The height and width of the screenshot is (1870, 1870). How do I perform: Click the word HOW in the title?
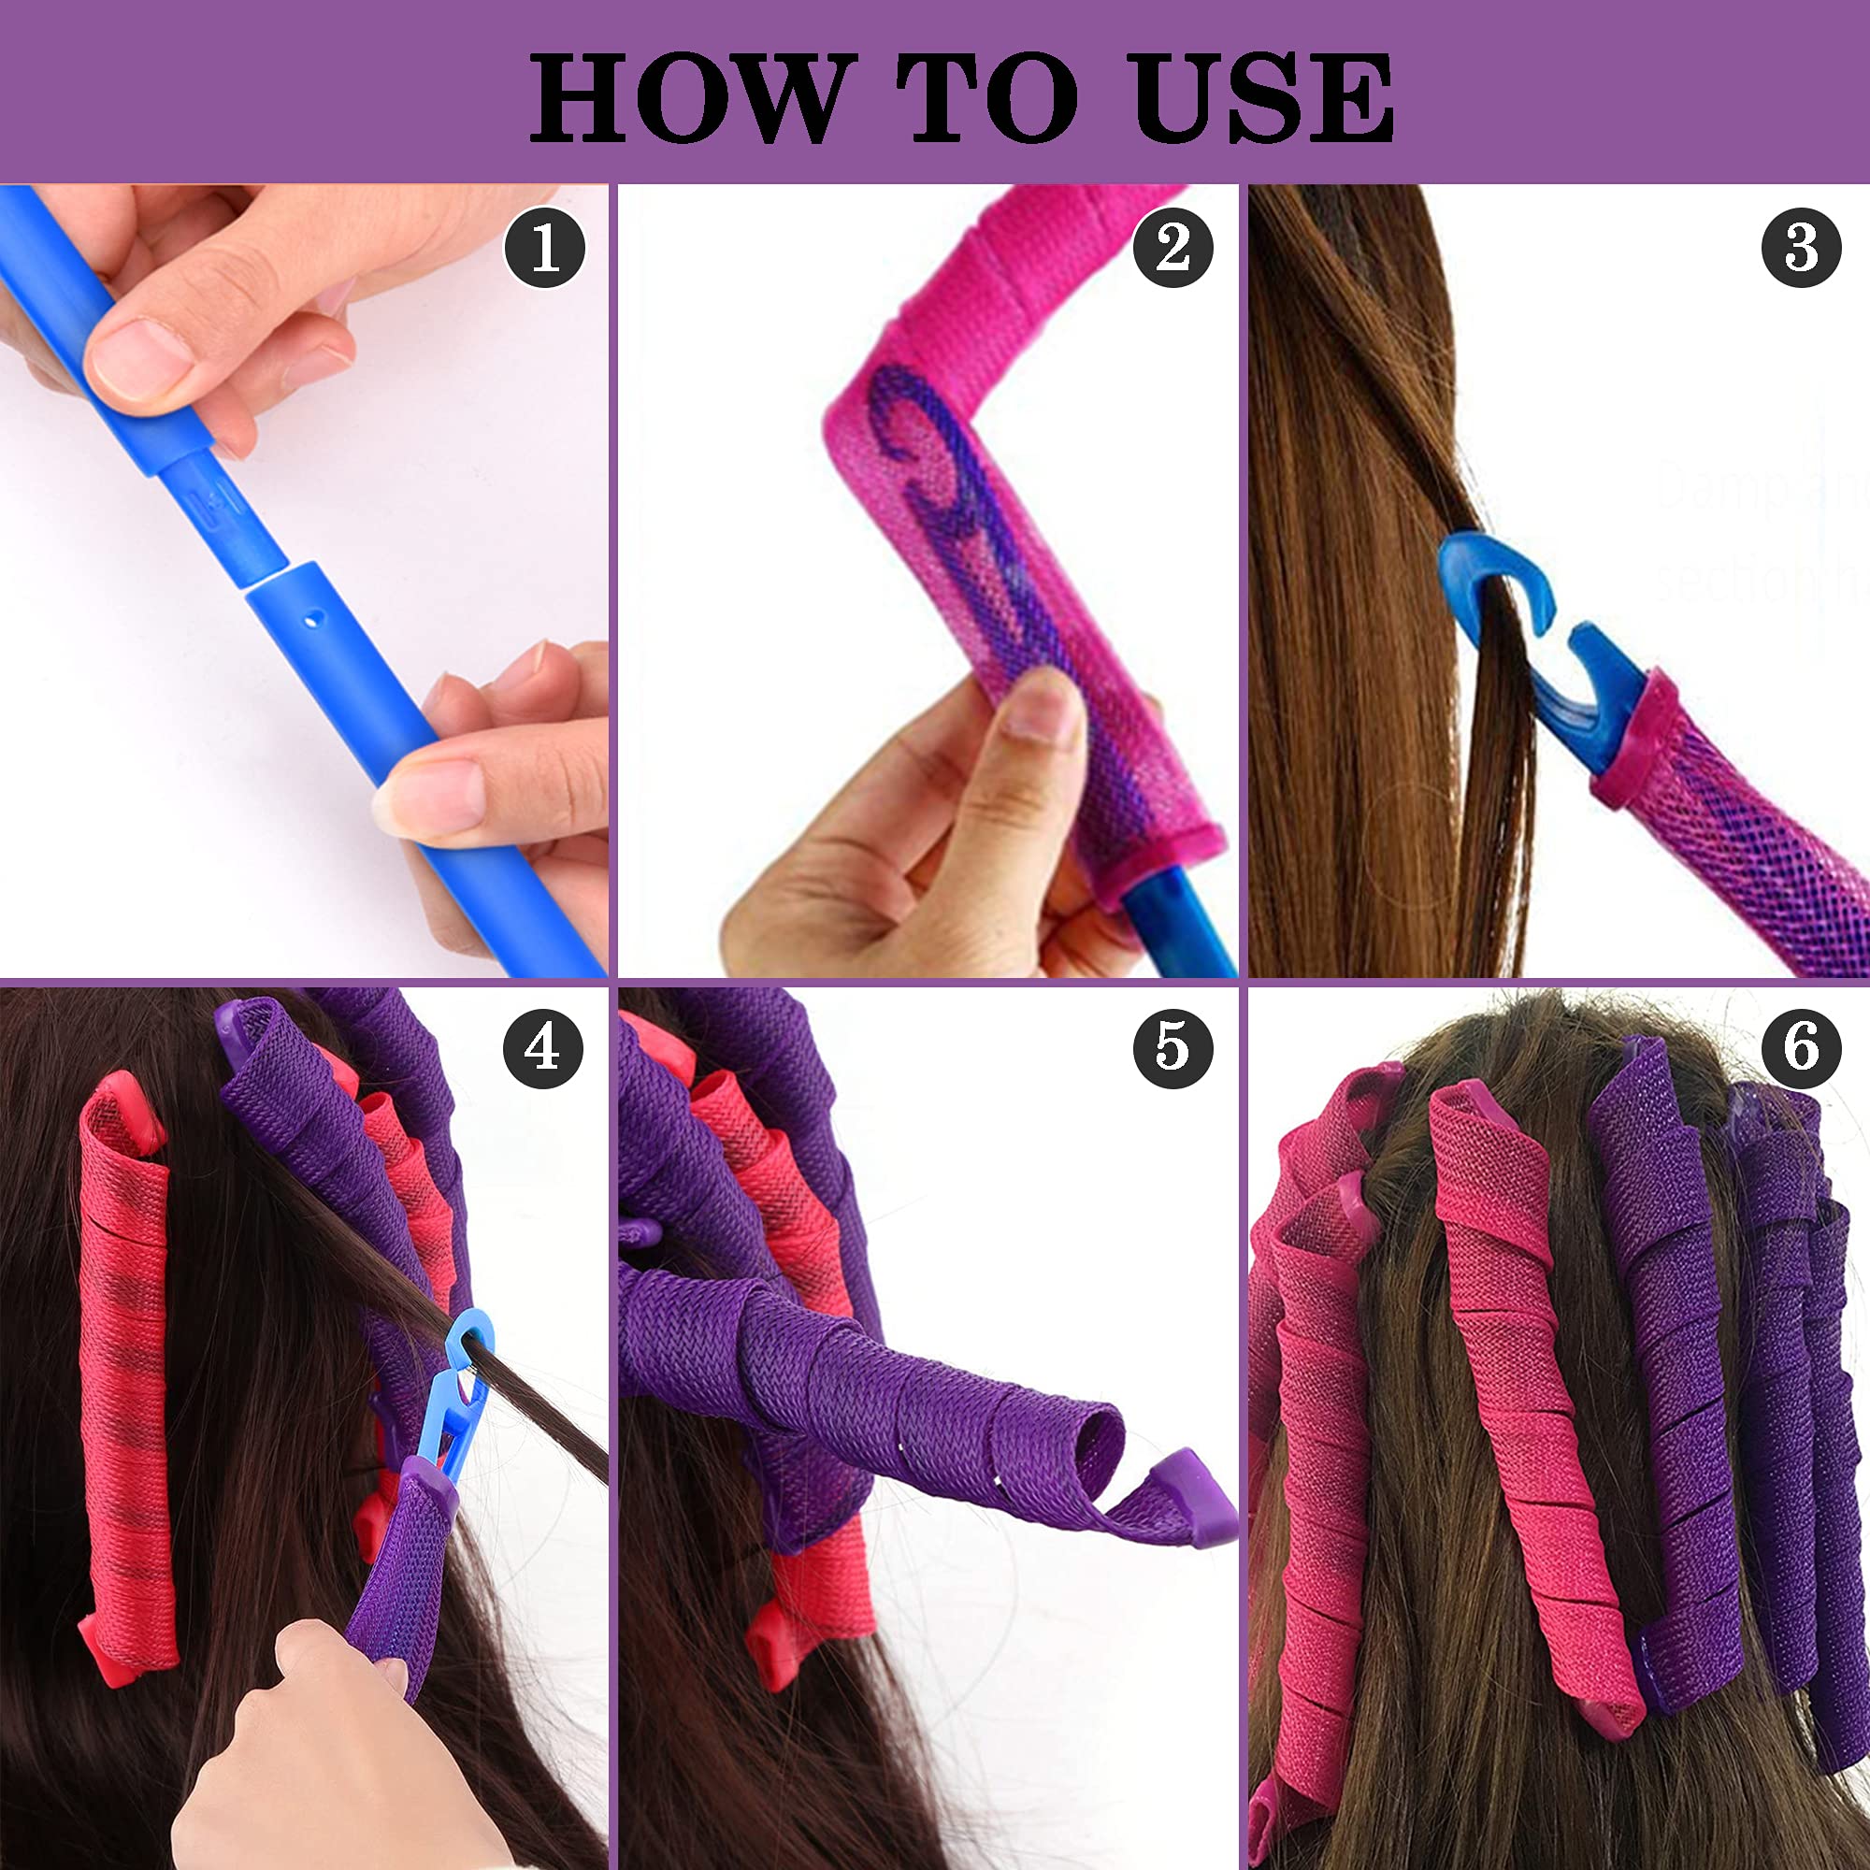[685, 98]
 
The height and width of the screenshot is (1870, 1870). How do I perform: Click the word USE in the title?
[1262, 98]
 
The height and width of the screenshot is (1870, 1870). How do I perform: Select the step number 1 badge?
[545, 248]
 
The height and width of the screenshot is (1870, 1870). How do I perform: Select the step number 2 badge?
[1172, 248]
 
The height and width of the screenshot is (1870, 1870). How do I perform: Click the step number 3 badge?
[1800, 248]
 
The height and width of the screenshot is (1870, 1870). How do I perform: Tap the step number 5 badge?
[1172, 1047]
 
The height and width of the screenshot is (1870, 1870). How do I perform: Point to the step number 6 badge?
[1800, 1047]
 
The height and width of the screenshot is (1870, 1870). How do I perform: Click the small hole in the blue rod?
[309, 616]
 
